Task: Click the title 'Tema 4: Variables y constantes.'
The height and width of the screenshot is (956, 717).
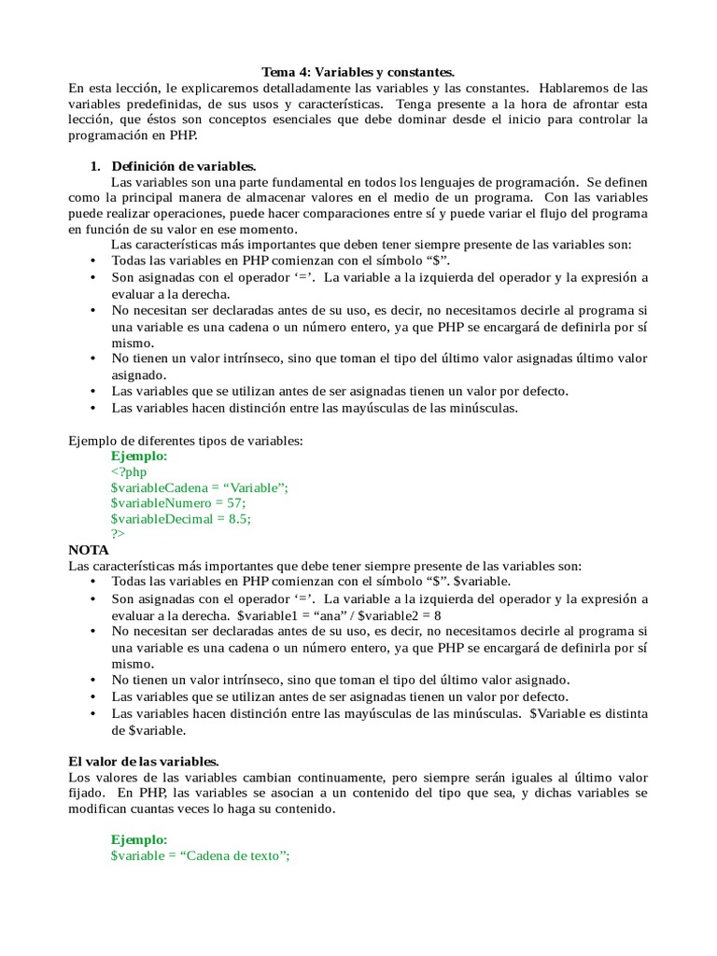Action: coord(358,72)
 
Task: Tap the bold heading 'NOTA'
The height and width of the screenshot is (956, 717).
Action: coord(89,550)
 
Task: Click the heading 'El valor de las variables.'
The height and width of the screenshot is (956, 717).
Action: coord(144,762)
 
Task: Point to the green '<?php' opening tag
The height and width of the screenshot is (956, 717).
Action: coord(129,472)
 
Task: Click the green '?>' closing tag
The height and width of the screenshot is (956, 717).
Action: coord(118,534)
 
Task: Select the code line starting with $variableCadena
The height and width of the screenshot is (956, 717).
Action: coord(200,487)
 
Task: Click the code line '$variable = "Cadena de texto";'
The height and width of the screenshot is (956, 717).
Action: coord(201,856)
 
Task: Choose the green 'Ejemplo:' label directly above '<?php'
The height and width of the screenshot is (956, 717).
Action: coord(139,457)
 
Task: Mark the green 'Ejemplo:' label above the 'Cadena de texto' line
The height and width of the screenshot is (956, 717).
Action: coord(139,840)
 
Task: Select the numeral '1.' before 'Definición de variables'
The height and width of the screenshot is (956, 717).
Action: coord(94,165)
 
